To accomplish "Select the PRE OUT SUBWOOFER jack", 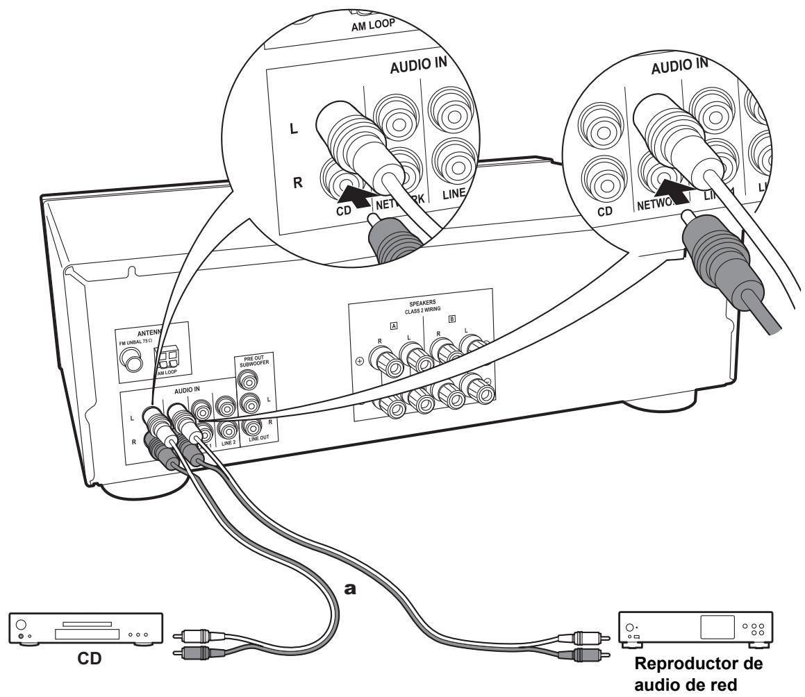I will (x=247, y=379).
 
